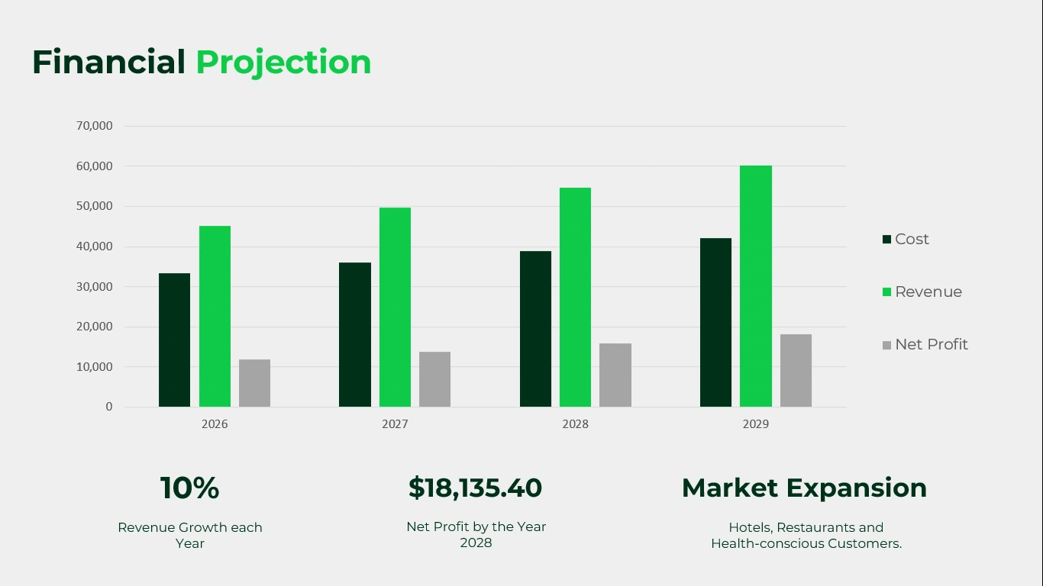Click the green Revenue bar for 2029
756,286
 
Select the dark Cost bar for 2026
175,340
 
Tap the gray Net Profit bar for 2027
435,379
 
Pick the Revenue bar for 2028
576,298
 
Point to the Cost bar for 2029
715,323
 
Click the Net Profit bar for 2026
255,383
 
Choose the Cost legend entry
906,240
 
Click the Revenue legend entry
922,291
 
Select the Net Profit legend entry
925,344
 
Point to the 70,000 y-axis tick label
95,126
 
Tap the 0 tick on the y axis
109,407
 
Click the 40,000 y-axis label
95,246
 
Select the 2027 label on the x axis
395,424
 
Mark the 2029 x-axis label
756,424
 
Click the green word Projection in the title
283,63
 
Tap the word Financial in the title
109,62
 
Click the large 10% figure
189,488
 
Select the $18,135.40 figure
476,488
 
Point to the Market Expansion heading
805,488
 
